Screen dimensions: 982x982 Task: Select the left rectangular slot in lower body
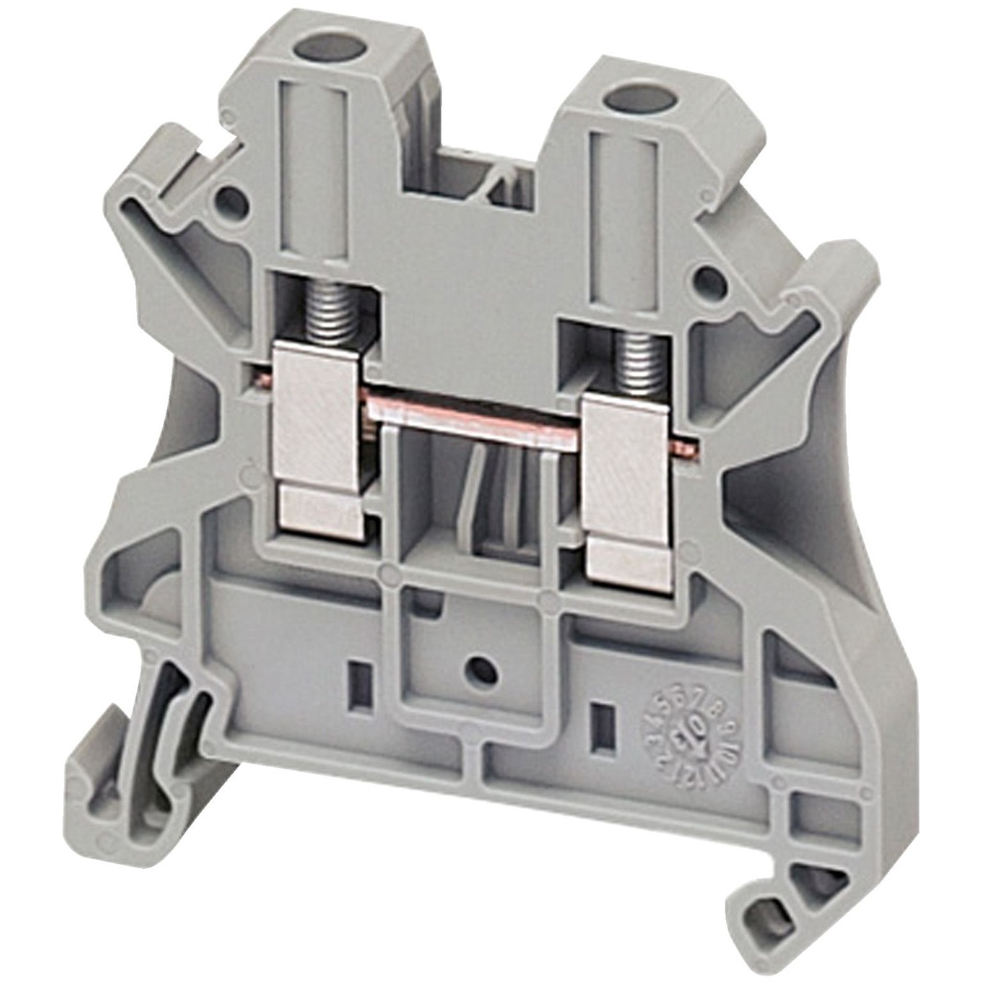tap(360, 685)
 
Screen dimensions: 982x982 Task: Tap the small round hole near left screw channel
tap(230, 201)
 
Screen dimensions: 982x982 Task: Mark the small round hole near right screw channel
tap(709, 282)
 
